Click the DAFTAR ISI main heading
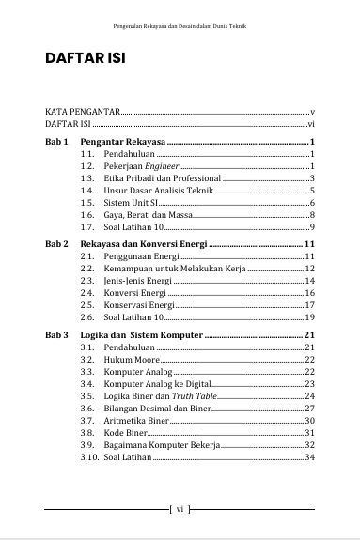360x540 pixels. [86, 59]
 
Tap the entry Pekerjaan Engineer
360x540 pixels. [141, 165]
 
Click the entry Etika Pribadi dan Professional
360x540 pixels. [163, 177]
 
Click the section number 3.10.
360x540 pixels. [89, 457]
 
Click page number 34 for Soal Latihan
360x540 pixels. [309, 457]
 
